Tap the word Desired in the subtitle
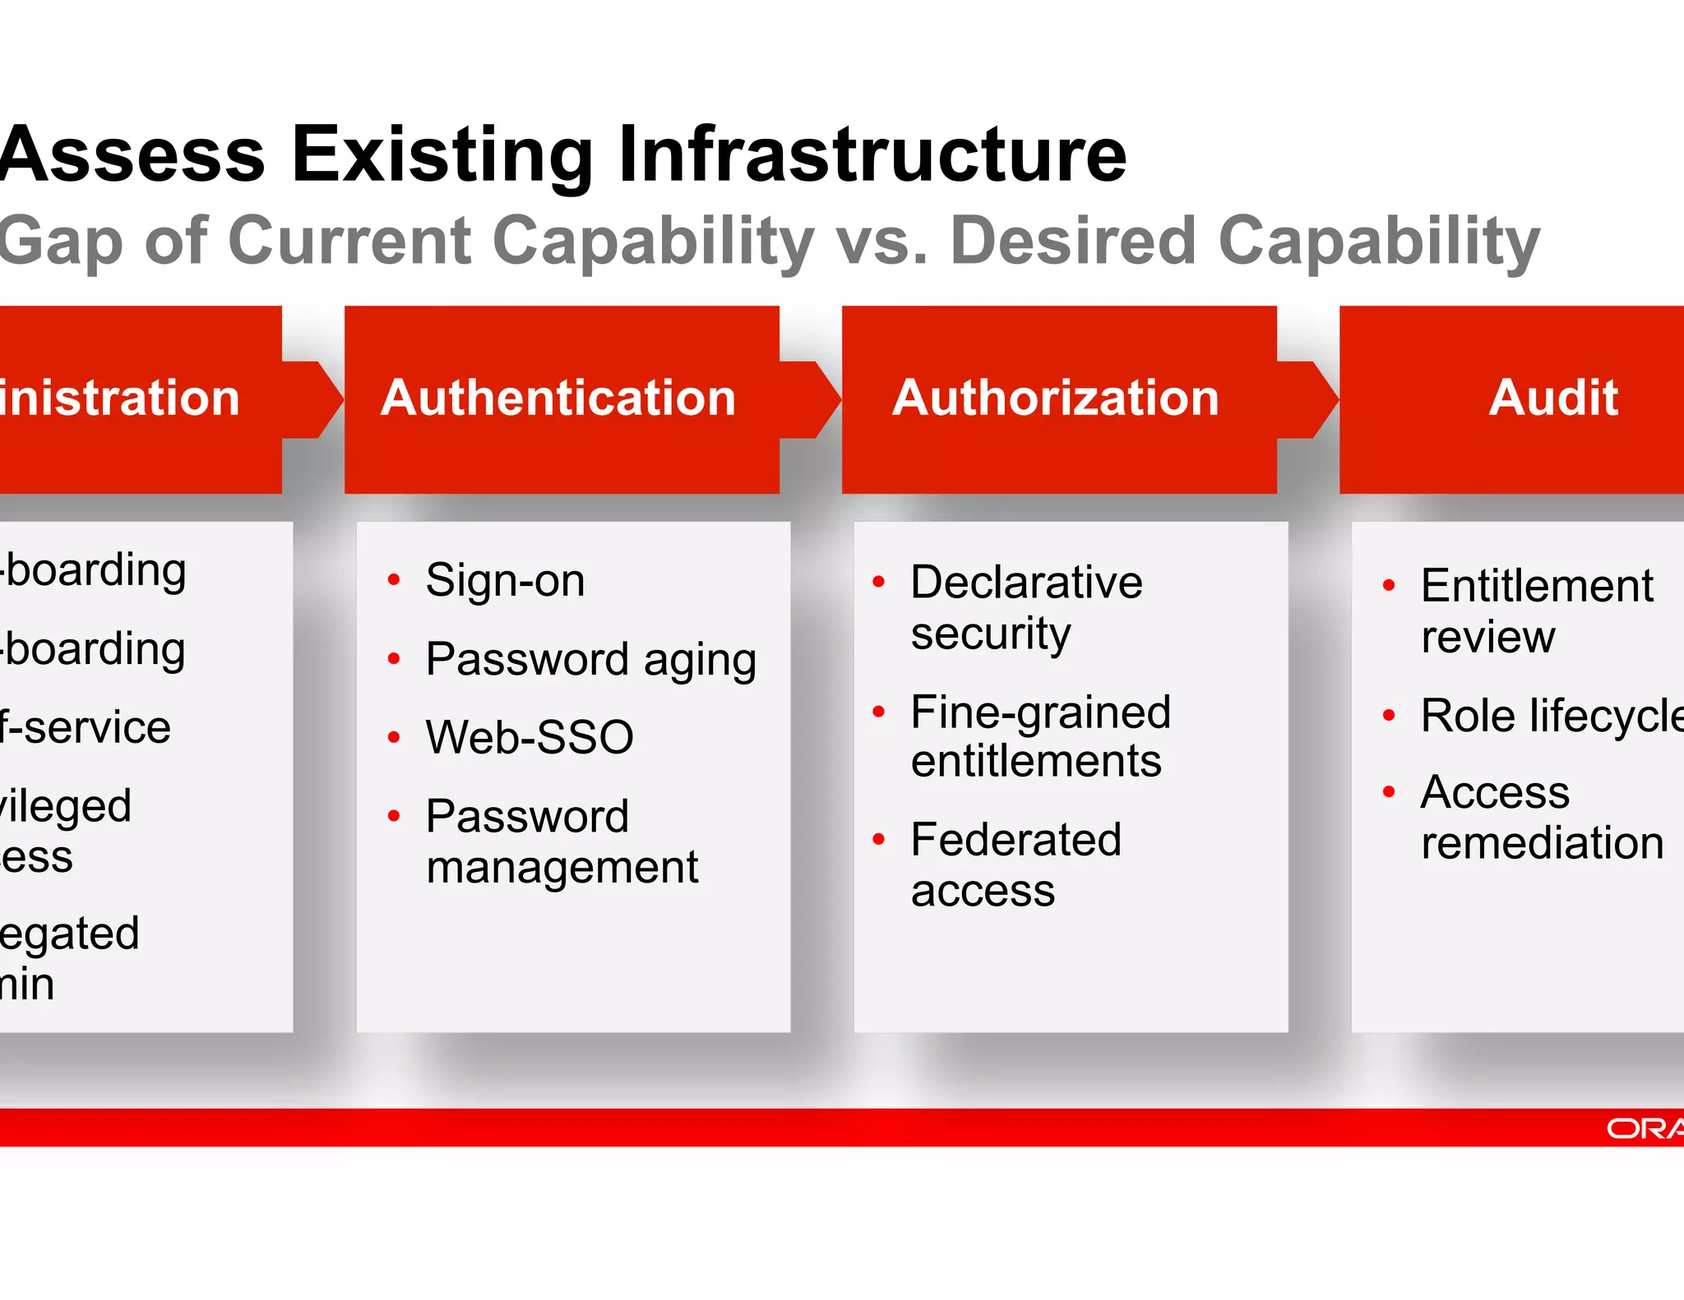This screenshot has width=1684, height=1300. (1072, 241)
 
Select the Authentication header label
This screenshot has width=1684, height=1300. (558, 399)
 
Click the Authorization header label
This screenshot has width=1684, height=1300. (1055, 399)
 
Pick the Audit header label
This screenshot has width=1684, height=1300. (1552, 399)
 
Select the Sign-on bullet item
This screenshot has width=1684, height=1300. (505, 580)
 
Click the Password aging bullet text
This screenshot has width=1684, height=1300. (590, 660)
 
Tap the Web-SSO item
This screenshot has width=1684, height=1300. (530, 737)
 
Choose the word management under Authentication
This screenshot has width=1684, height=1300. (562, 868)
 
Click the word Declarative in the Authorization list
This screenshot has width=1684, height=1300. (1026, 583)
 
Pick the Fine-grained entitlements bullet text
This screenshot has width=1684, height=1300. (1039, 736)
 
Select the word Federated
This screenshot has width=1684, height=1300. (1015, 840)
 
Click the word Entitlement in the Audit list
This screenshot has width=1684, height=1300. (1536, 586)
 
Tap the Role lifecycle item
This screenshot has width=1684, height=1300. (1551, 716)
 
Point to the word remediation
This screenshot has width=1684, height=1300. (1542, 844)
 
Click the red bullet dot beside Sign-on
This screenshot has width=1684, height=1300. (394, 580)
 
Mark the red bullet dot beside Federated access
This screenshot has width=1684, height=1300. (879, 840)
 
